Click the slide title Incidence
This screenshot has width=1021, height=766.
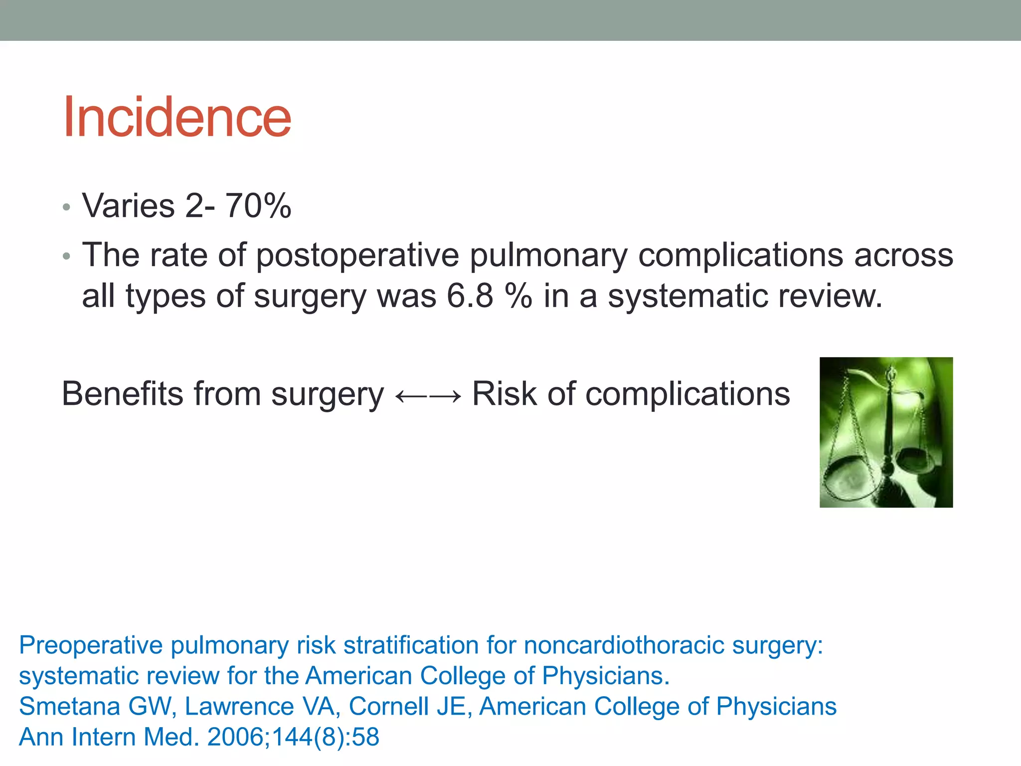click(x=177, y=118)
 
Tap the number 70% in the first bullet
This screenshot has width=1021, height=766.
click(x=258, y=205)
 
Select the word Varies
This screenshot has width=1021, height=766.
click(x=129, y=205)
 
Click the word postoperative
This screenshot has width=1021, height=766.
click(x=357, y=256)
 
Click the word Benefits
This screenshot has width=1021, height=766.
click(x=123, y=394)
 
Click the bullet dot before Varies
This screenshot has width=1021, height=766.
click(x=67, y=207)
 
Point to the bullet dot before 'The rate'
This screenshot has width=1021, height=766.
click(x=67, y=257)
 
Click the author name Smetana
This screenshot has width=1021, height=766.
click(x=70, y=707)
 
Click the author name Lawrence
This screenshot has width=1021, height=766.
click(x=239, y=707)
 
